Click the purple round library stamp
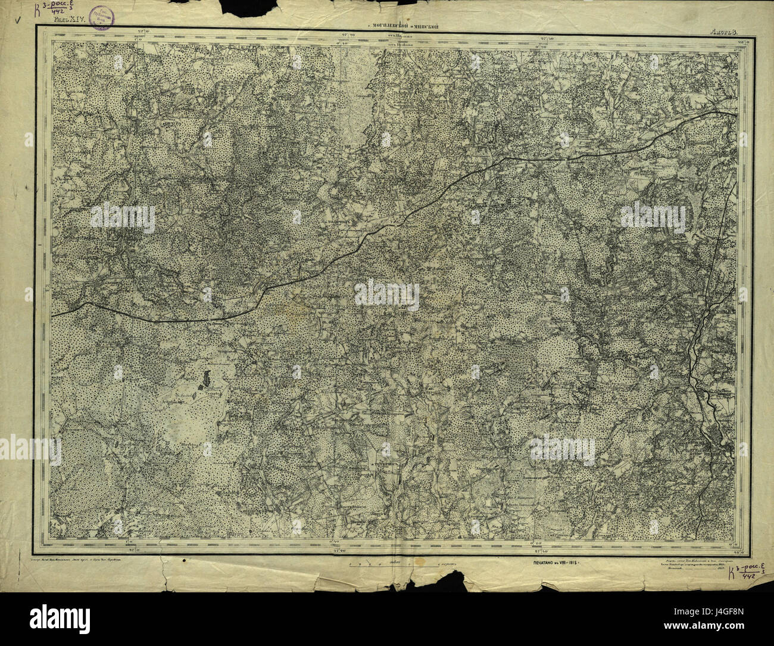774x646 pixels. pos(104,13)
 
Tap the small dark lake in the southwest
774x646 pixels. pos(207,378)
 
